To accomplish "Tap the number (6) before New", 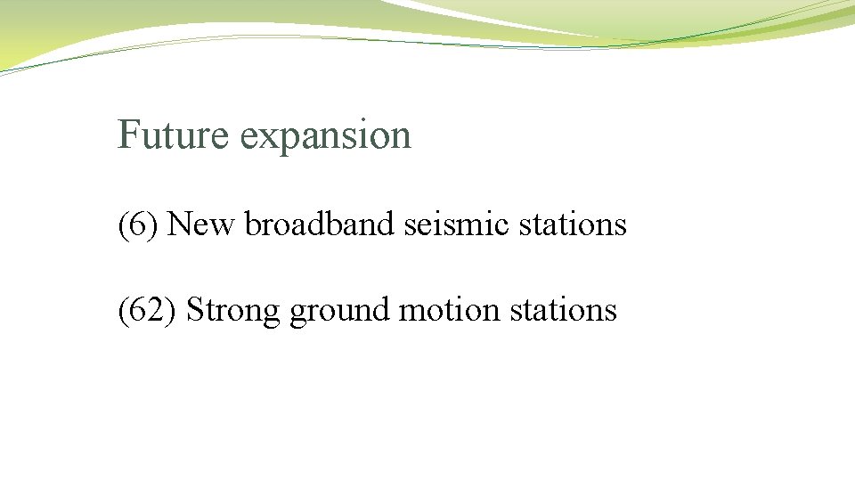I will [x=139, y=224].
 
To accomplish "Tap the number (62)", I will [x=149, y=310].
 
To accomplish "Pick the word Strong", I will [x=234, y=311].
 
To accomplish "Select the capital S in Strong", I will [x=196, y=310].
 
